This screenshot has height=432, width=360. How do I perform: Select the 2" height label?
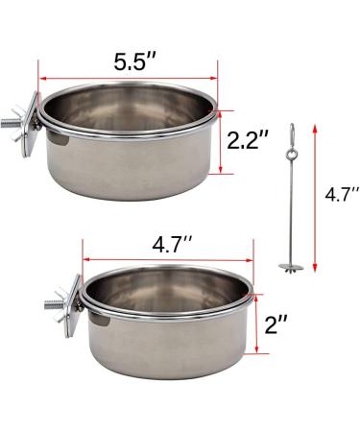coord(276,324)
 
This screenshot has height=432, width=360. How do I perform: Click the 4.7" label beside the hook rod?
coord(342,194)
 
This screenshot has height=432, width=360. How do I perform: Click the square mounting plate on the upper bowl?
coord(32,124)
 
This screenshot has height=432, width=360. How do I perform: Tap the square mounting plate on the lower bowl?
coord(74,305)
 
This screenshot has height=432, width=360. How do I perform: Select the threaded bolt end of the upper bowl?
coord(6,124)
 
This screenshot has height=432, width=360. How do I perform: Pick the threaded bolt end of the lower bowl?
coord(50,304)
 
